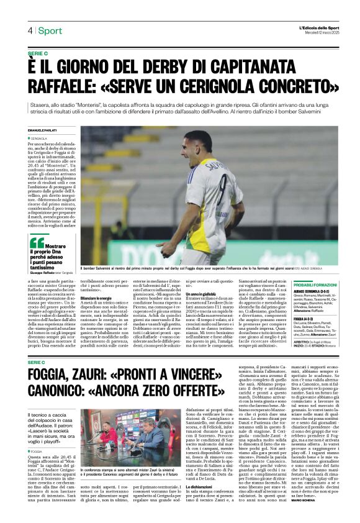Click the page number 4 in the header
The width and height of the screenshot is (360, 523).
tap(29, 30)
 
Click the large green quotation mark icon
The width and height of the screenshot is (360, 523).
tap(37, 243)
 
